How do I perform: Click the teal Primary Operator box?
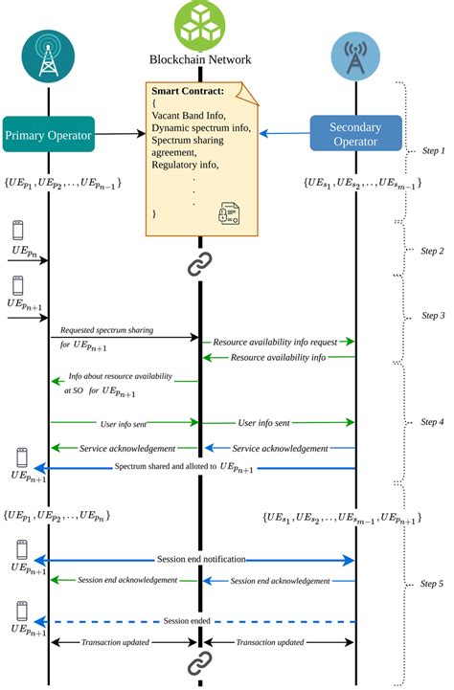click(x=49, y=134)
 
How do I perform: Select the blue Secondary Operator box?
click(x=355, y=133)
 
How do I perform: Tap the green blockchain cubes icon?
click(x=200, y=25)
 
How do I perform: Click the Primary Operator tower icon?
click(x=49, y=56)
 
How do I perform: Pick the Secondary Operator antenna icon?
click(x=355, y=56)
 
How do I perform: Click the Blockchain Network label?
click(x=200, y=59)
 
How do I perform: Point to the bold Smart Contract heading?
click(x=188, y=91)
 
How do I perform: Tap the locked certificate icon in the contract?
click(x=229, y=213)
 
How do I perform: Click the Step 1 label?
click(x=433, y=150)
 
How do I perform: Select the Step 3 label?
click(x=433, y=315)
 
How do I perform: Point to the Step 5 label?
click(x=432, y=584)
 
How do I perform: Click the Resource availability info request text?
click(x=275, y=342)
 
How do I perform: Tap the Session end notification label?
click(x=201, y=559)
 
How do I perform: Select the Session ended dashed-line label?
click(x=187, y=621)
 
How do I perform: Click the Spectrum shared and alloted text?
click(x=184, y=467)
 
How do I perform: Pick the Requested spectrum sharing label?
click(x=107, y=330)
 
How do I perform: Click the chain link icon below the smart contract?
click(x=200, y=264)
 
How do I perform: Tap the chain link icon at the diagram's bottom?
click(x=200, y=663)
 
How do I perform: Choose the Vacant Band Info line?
click(x=189, y=115)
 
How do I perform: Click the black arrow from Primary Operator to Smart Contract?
click(x=120, y=134)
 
